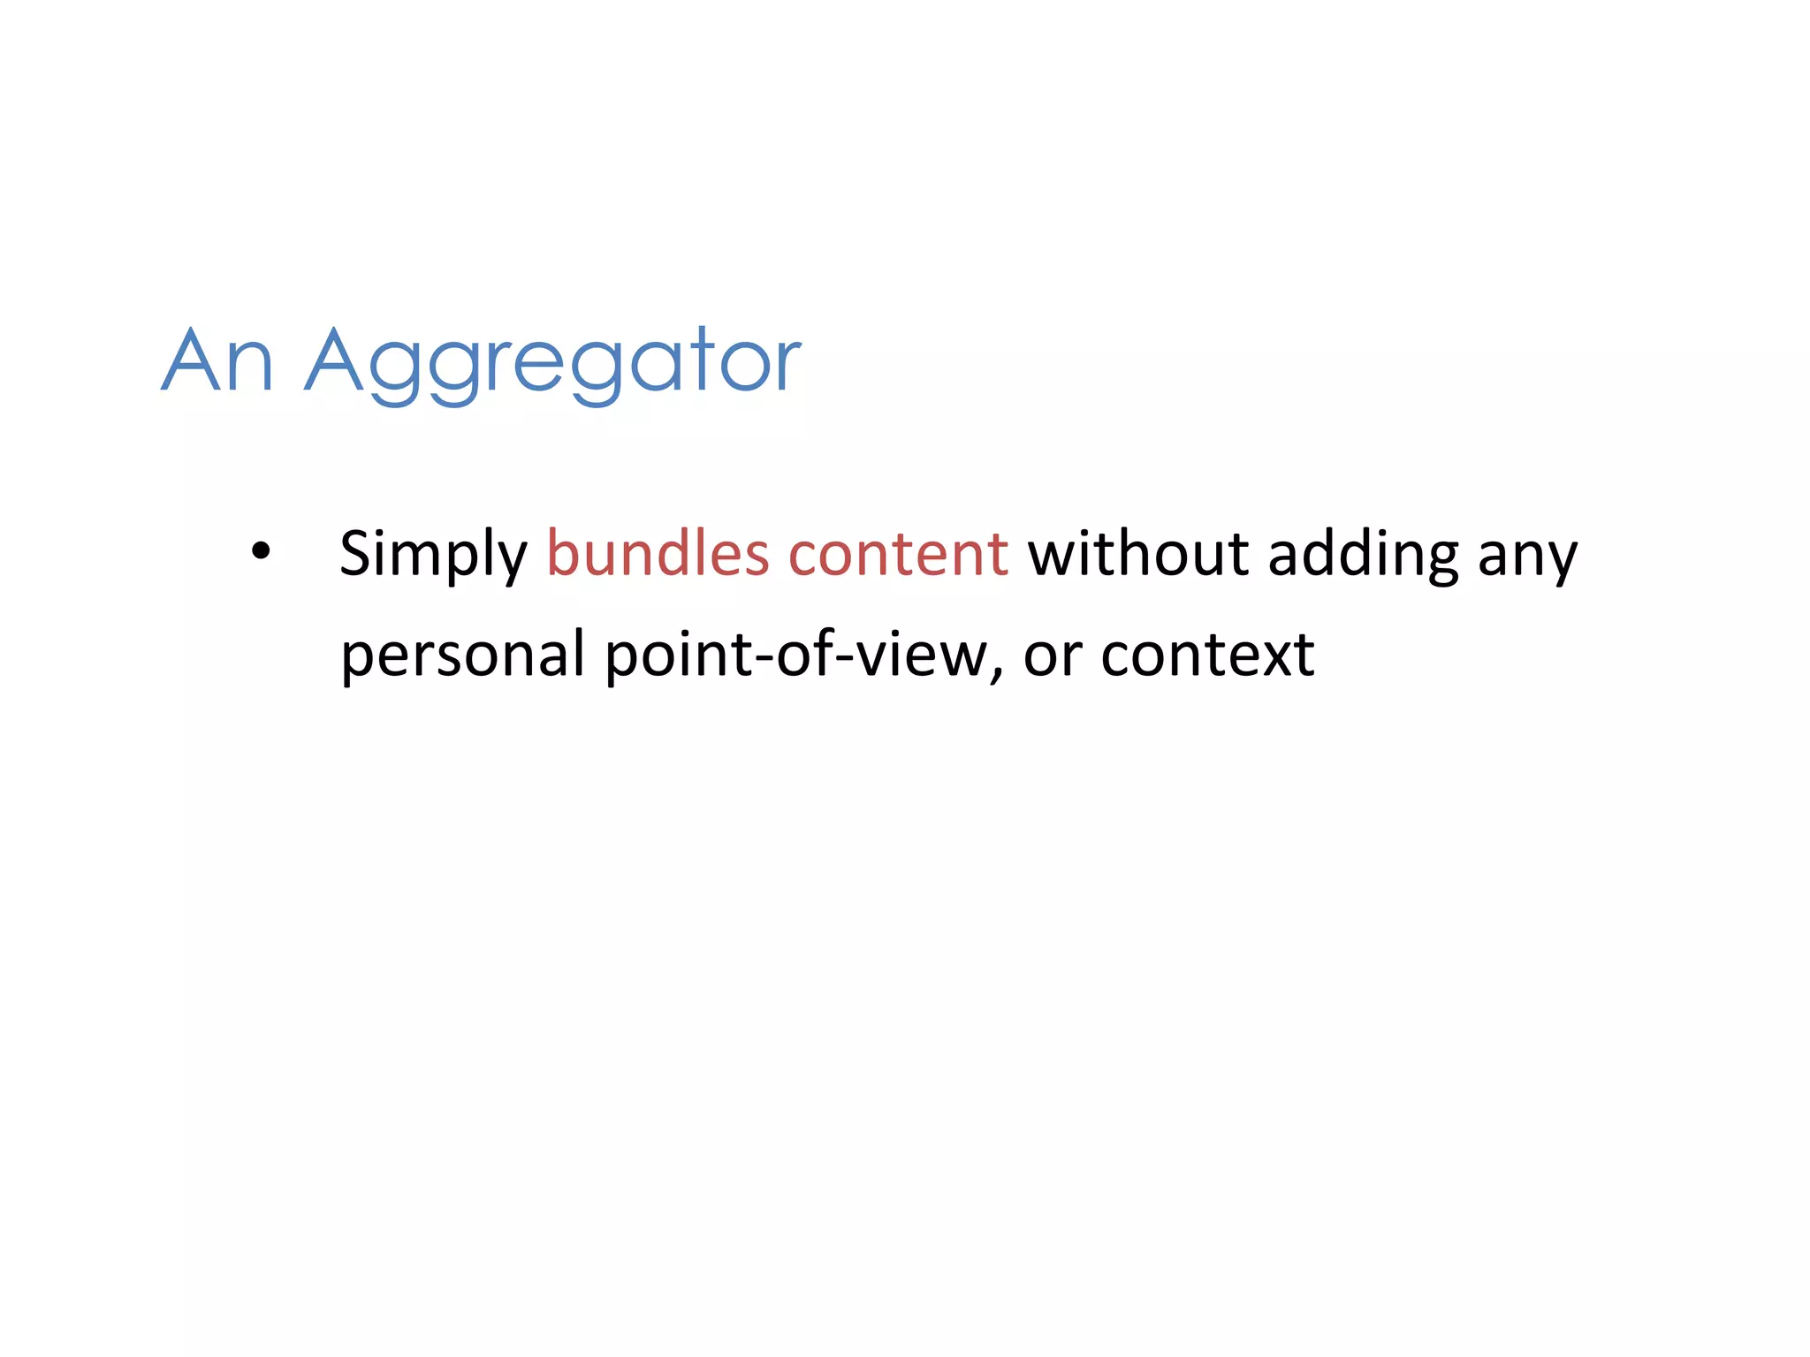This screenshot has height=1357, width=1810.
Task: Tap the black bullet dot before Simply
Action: click(x=261, y=551)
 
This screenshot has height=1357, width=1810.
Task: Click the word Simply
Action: click(x=433, y=555)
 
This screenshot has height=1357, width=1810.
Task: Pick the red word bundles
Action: click(x=658, y=554)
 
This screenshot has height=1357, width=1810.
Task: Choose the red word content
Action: click(x=898, y=554)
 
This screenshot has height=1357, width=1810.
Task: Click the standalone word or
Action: click(x=1053, y=657)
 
